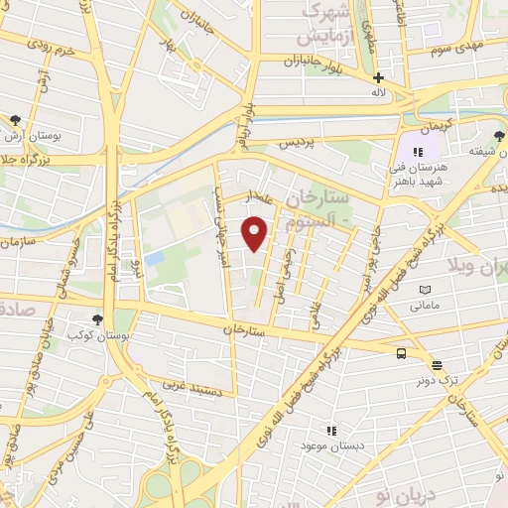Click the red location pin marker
coord(256,232)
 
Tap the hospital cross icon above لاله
coord(378,77)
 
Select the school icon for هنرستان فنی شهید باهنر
coord(418,152)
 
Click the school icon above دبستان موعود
coord(331,431)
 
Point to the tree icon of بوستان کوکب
coord(96,319)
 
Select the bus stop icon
coord(401,352)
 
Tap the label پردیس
coord(294,144)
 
